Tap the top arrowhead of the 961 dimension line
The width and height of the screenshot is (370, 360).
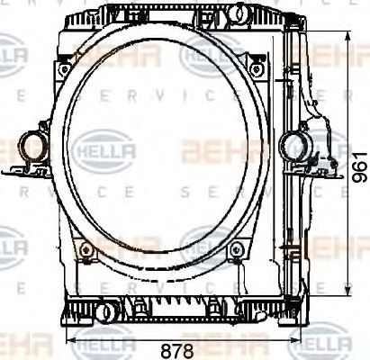[349, 36]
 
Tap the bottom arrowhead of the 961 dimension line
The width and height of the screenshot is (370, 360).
[349, 296]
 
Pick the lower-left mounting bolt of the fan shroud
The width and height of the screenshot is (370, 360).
[84, 248]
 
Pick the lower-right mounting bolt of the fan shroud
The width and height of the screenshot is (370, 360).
[236, 248]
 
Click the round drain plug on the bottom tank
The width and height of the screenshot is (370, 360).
[105, 312]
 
